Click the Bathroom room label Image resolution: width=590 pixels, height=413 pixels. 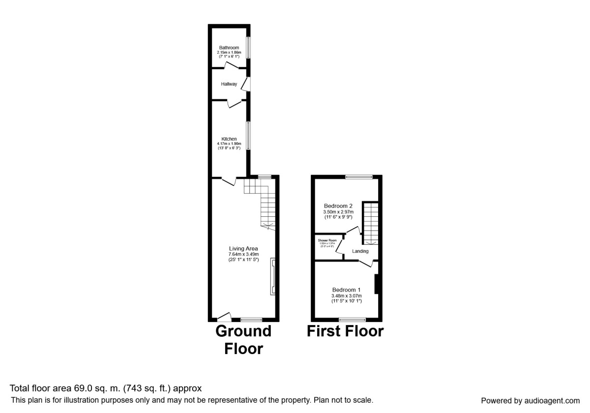click(x=229, y=48)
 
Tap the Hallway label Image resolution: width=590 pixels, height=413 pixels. click(x=229, y=84)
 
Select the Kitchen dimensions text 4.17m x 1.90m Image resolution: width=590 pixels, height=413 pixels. click(x=229, y=144)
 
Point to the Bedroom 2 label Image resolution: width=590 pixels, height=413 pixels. click(x=338, y=206)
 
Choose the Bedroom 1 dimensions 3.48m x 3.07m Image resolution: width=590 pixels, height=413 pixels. click(x=347, y=295)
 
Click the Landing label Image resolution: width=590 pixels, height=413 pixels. click(x=360, y=251)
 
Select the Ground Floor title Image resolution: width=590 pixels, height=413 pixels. click(x=243, y=340)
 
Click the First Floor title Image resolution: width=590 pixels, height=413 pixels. click(x=345, y=331)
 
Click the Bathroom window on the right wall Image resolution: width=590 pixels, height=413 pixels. click(x=249, y=48)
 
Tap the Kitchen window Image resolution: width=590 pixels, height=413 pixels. click(x=249, y=135)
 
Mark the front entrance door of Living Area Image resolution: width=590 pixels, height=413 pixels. click(x=225, y=317)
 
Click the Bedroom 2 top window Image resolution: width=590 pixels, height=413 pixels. click(x=358, y=177)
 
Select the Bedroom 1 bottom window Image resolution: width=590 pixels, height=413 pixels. click(x=352, y=320)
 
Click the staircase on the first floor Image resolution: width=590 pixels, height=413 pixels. click(x=370, y=224)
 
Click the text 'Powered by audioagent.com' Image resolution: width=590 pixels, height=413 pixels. click(x=530, y=400)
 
